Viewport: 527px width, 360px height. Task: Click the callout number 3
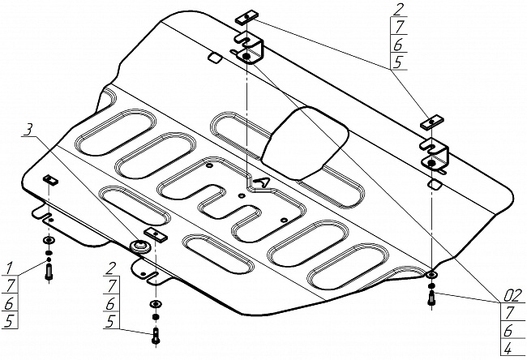(x=28, y=129)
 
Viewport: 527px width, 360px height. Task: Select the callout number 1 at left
(x=10, y=267)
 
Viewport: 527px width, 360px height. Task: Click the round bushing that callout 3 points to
(x=140, y=246)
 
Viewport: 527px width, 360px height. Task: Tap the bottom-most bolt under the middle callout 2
(x=155, y=334)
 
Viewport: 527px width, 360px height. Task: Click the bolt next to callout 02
(x=430, y=298)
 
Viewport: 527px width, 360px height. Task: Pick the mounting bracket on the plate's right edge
(x=436, y=154)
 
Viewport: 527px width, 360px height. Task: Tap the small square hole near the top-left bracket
(x=216, y=58)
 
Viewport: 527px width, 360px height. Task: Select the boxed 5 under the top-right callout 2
(x=397, y=60)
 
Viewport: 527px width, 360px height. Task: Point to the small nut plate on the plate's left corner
(x=50, y=179)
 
